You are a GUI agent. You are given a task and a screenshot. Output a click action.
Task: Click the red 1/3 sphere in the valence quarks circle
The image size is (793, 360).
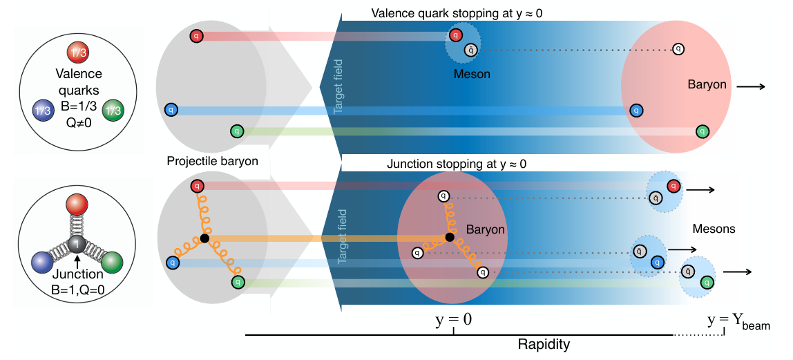click(77, 54)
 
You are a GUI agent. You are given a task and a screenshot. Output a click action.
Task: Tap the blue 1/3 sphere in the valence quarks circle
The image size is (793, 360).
click(43, 111)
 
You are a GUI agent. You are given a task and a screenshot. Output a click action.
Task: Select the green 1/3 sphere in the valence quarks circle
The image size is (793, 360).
click(113, 111)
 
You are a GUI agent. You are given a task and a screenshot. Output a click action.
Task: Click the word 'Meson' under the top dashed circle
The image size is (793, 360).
click(472, 75)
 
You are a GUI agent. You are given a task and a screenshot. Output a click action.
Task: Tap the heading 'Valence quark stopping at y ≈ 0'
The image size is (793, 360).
click(457, 13)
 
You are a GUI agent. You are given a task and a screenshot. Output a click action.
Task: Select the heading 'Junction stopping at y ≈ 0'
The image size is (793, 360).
click(457, 164)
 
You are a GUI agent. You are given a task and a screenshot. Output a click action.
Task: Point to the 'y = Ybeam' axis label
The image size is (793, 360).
click(739, 321)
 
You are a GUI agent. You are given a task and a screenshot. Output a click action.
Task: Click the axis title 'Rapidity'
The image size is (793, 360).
click(544, 345)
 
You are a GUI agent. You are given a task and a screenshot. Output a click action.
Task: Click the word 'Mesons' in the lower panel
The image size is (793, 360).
click(714, 229)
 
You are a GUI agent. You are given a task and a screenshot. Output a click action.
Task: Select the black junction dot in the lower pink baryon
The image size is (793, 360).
click(450, 237)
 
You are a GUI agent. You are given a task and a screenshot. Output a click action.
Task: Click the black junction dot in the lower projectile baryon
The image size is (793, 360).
click(204, 238)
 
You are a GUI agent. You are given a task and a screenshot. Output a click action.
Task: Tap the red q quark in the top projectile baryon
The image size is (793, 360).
click(196, 36)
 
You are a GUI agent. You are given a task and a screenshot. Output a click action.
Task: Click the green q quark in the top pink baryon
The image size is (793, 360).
click(701, 131)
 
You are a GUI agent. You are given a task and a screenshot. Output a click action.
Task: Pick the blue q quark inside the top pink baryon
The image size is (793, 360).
click(636, 111)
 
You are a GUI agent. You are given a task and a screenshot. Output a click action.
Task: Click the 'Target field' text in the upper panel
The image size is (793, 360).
click(338, 86)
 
